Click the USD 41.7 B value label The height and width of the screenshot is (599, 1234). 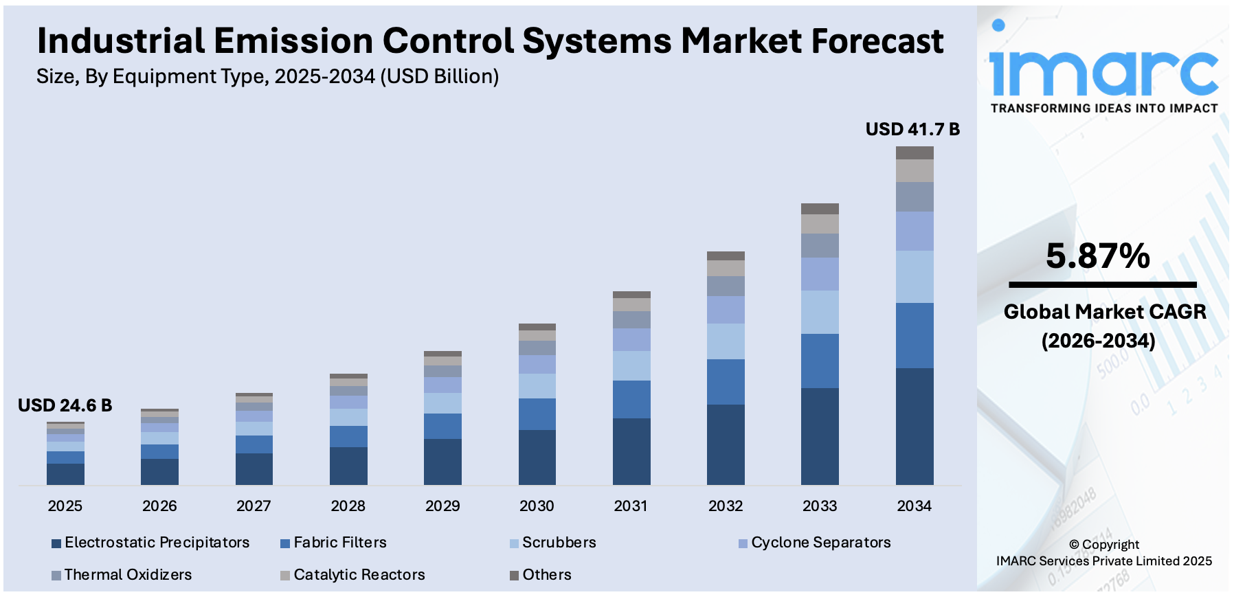pos(912,129)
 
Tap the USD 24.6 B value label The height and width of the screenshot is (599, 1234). pos(65,405)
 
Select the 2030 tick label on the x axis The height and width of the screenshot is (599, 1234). pos(537,506)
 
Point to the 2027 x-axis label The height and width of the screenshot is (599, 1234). pos(254,506)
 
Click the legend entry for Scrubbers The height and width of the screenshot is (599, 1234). pos(559,543)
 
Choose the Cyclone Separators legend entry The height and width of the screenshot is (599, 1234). pos(820,543)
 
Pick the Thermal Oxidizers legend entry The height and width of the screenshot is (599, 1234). pos(128,575)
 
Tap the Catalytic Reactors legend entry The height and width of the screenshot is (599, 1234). pos(359,575)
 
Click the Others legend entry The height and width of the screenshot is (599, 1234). pos(546,575)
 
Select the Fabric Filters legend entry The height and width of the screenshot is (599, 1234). pos(339,543)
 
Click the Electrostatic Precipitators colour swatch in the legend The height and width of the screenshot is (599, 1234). pos(56,543)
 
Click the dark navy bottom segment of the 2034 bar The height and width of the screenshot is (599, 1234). pos(915,426)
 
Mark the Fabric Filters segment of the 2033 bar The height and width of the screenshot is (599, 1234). pos(820,361)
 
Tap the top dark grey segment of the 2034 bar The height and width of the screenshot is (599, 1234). pos(915,152)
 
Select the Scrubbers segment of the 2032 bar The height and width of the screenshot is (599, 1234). pos(726,341)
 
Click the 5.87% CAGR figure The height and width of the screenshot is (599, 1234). pos(1098,256)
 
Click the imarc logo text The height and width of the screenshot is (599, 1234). pos(1103,69)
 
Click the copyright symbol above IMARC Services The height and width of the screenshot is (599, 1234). pos(1074,545)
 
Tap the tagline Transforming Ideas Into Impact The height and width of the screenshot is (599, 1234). pos(1103,109)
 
